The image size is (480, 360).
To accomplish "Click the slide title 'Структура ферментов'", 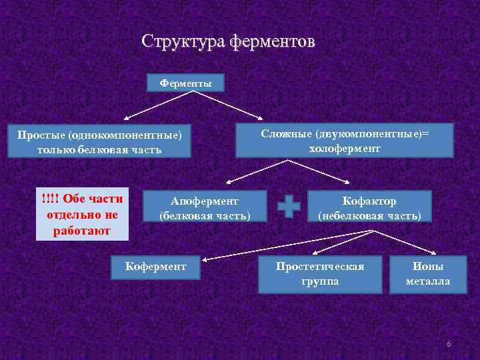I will [x=228, y=42].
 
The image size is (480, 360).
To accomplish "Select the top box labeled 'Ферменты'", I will [x=186, y=83].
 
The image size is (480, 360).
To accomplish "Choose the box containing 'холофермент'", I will [x=345, y=141].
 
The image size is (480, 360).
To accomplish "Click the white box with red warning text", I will [x=82, y=215].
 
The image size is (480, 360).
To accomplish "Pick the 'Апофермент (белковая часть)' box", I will [x=205, y=207].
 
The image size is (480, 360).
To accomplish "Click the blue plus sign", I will [x=289, y=207].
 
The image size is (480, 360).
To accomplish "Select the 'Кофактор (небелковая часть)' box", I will [x=369, y=207].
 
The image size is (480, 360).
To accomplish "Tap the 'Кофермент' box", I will [x=156, y=267].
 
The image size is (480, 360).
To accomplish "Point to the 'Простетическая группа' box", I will [x=320, y=274].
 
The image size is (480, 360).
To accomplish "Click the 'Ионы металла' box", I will [x=428, y=274].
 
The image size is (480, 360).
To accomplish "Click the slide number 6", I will [x=449, y=344].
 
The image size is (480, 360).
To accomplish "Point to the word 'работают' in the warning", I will [x=82, y=231].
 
